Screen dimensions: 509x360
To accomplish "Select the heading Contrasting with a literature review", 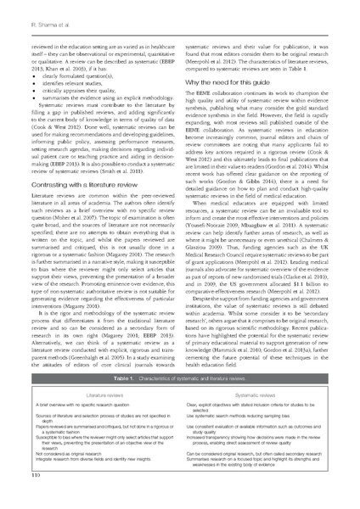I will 80,183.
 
